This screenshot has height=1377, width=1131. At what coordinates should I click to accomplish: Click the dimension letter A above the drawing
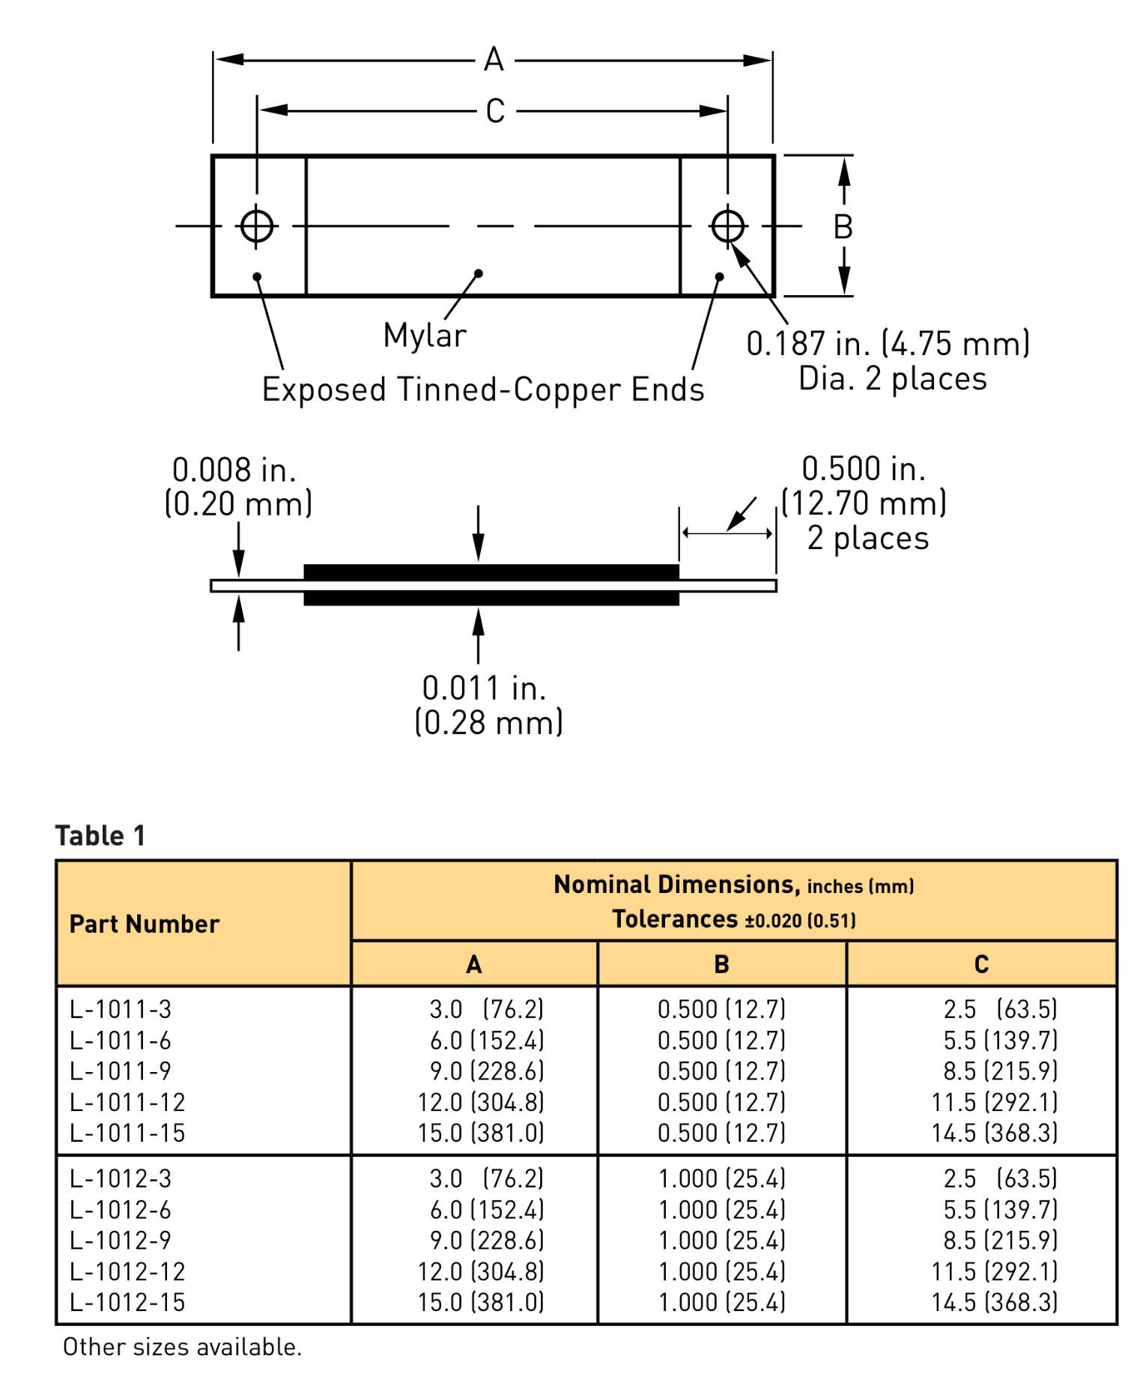pos(494,59)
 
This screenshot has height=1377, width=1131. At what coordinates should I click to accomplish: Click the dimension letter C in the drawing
pos(495,112)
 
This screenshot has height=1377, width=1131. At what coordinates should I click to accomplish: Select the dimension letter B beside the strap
pos(843,227)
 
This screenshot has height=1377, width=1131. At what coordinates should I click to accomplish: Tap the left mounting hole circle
pos(257,226)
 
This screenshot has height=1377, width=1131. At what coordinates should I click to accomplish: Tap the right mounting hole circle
pos(728,226)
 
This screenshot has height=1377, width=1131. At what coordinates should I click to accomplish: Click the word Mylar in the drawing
pos(425,336)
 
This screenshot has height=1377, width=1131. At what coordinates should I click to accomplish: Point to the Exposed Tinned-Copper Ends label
pos(483,390)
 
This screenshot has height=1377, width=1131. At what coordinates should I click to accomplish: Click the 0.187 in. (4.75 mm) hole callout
pos(888,344)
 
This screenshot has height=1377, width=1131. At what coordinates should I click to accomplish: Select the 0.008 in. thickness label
pos(235,470)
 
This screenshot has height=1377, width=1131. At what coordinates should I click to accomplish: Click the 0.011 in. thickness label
pos(485,688)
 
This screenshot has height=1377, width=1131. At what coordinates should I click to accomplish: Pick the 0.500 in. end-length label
pos(864,469)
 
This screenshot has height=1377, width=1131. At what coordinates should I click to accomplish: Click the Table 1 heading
pos(100,835)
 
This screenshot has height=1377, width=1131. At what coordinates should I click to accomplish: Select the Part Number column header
pos(145,924)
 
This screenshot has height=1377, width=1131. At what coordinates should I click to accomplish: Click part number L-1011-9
pos(121,1071)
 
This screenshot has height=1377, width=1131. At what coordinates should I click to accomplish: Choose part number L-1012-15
pos(127,1302)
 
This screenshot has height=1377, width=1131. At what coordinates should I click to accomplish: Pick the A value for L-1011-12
pos(481,1102)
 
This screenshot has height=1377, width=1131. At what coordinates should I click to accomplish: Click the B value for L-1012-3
pos(722,1178)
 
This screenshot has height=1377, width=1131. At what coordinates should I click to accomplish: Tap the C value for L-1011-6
pos(1000,1041)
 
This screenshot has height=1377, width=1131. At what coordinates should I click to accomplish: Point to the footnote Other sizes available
pos(182,1347)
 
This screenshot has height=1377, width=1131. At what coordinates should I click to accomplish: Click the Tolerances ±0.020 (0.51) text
pos(734,919)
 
